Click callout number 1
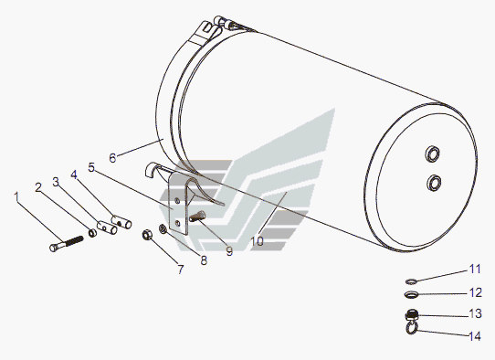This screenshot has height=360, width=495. [x=16, y=196]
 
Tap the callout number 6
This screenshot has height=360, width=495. [x=112, y=157]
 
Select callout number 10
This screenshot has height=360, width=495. [x=257, y=241]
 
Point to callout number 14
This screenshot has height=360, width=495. [x=475, y=336]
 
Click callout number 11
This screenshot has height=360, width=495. [x=475, y=269]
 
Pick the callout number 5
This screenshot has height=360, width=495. [x=91, y=167]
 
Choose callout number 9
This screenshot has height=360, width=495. [x=229, y=251]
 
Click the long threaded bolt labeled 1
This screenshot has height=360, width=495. [x=67, y=242]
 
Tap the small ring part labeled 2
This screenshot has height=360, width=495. [x=92, y=233]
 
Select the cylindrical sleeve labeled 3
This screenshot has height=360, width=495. [x=107, y=227]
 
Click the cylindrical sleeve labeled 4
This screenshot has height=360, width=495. [x=121, y=221]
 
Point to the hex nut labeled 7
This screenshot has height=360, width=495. [x=147, y=235]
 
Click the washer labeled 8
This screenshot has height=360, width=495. [x=163, y=229]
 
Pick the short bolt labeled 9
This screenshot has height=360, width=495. [x=197, y=217]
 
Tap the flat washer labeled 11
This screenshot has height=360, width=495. [x=411, y=281]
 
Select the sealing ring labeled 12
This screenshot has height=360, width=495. [x=411, y=294]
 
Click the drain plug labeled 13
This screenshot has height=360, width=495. [x=412, y=315]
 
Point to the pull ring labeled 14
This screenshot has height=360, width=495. [x=412, y=329]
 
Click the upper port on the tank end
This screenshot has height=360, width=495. [x=432, y=154]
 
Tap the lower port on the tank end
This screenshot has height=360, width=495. [x=434, y=183]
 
